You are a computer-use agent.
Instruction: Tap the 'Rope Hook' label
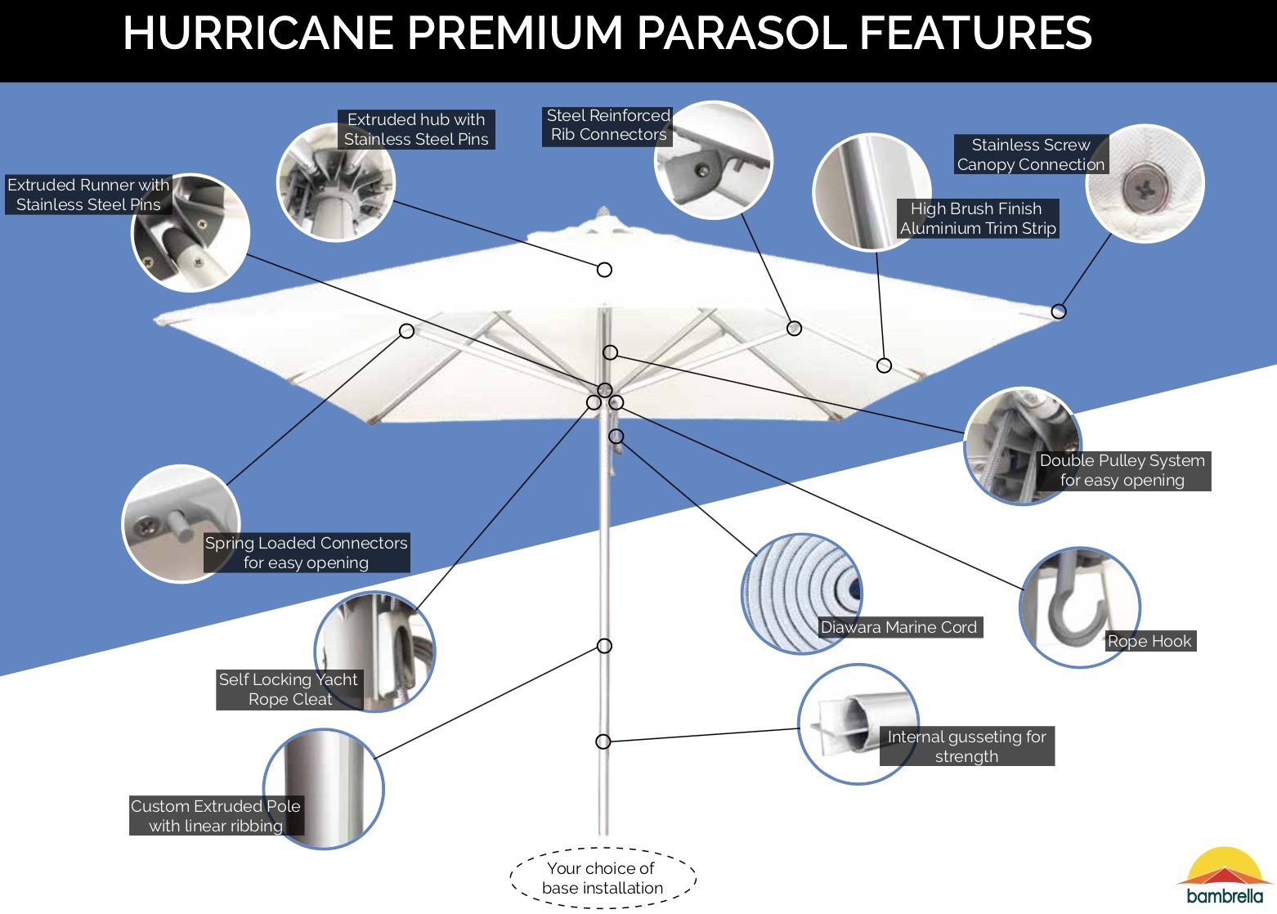(x=1149, y=642)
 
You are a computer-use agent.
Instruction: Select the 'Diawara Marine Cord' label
(x=898, y=628)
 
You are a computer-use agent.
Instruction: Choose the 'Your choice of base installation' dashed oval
(x=603, y=878)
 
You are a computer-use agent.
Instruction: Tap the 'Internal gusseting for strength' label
(x=966, y=746)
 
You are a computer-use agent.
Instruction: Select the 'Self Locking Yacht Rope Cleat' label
(x=289, y=689)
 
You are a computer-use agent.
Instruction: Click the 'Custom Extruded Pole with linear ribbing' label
(x=216, y=816)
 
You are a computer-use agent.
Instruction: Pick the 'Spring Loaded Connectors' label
(x=307, y=553)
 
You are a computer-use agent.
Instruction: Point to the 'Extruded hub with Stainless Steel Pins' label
(x=416, y=129)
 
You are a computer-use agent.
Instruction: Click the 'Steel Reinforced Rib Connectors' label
(x=608, y=125)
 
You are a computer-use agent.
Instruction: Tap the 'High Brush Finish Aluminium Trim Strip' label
(x=978, y=218)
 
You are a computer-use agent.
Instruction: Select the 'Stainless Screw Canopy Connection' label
(x=1031, y=155)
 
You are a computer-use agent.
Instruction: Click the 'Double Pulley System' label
(x=1122, y=471)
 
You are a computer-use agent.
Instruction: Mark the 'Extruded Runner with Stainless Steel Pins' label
(x=88, y=195)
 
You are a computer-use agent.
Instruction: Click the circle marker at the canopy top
(x=604, y=270)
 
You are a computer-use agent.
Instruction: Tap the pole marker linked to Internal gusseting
(x=603, y=742)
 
